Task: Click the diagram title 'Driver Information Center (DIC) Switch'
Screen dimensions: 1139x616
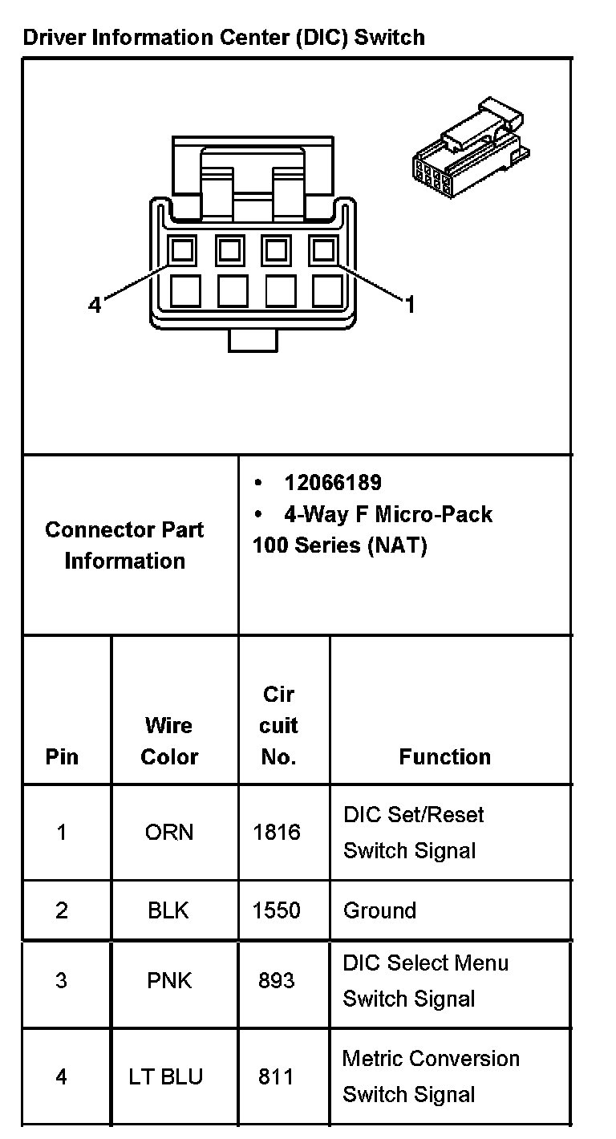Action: tap(224, 37)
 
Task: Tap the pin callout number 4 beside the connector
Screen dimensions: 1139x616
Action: tap(95, 305)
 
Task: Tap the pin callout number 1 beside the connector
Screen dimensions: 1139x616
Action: tap(410, 305)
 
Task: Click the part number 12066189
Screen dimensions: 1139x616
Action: tap(332, 483)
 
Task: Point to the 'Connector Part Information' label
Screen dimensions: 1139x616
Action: tap(124, 545)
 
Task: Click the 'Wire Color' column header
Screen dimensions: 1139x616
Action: tap(169, 740)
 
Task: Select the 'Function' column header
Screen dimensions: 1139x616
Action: tap(444, 756)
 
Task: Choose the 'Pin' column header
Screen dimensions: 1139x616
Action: tap(62, 756)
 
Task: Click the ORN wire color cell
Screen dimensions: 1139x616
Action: tap(169, 832)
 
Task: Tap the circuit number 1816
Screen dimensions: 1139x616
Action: tap(277, 832)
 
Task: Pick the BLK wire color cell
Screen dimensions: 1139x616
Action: tap(169, 910)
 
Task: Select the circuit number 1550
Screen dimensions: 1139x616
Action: tap(277, 910)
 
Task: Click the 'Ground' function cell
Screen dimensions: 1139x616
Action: tap(379, 910)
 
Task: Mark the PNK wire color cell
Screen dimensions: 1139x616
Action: tap(169, 980)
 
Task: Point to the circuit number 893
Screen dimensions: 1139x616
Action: tap(277, 980)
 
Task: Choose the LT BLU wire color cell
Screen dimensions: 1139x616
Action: tap(166, 1076)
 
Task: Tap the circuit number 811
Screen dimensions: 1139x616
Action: tap(276, 1076)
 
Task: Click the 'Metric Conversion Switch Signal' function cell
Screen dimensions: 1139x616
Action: tap(431, 1076)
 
